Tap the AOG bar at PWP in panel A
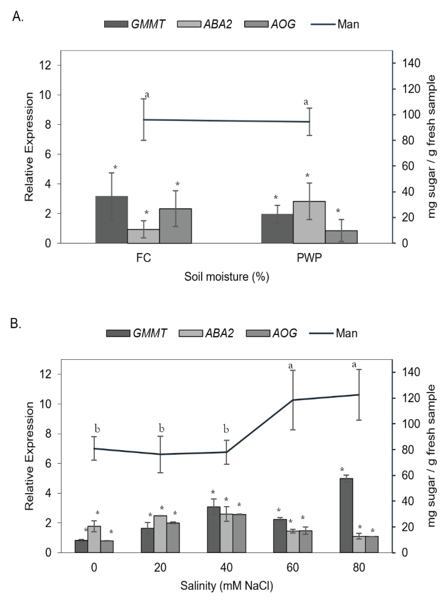[341, 237]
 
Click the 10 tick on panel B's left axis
[45, 404]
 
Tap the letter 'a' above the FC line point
[147, 94]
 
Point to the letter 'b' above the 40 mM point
[226, 429]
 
